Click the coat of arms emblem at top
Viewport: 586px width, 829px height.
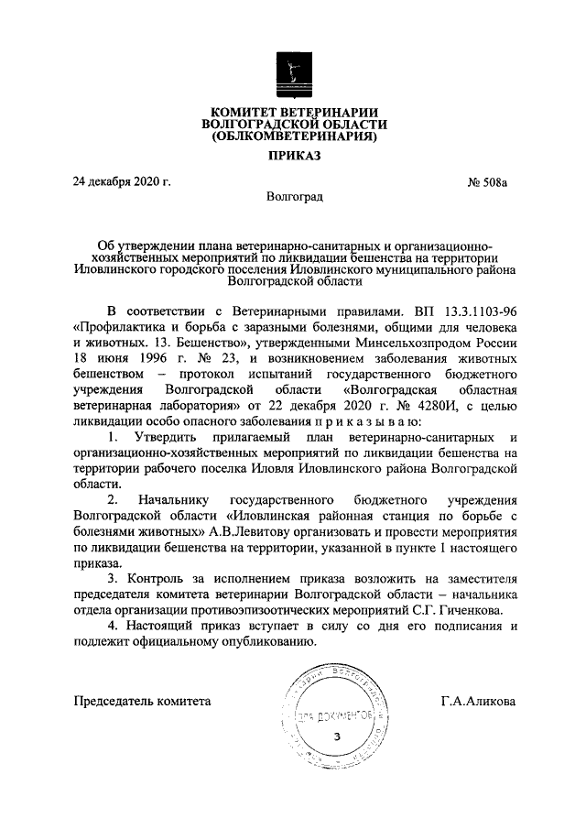pyautogui.click(x=293, y=73)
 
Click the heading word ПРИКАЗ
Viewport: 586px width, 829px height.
pyautogui.click(x=294, y=157)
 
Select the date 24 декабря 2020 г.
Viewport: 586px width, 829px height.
pyautogui.click(x=123, y=181)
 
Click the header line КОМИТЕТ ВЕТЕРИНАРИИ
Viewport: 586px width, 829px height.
pyautogui.click(x=294, y=111)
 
